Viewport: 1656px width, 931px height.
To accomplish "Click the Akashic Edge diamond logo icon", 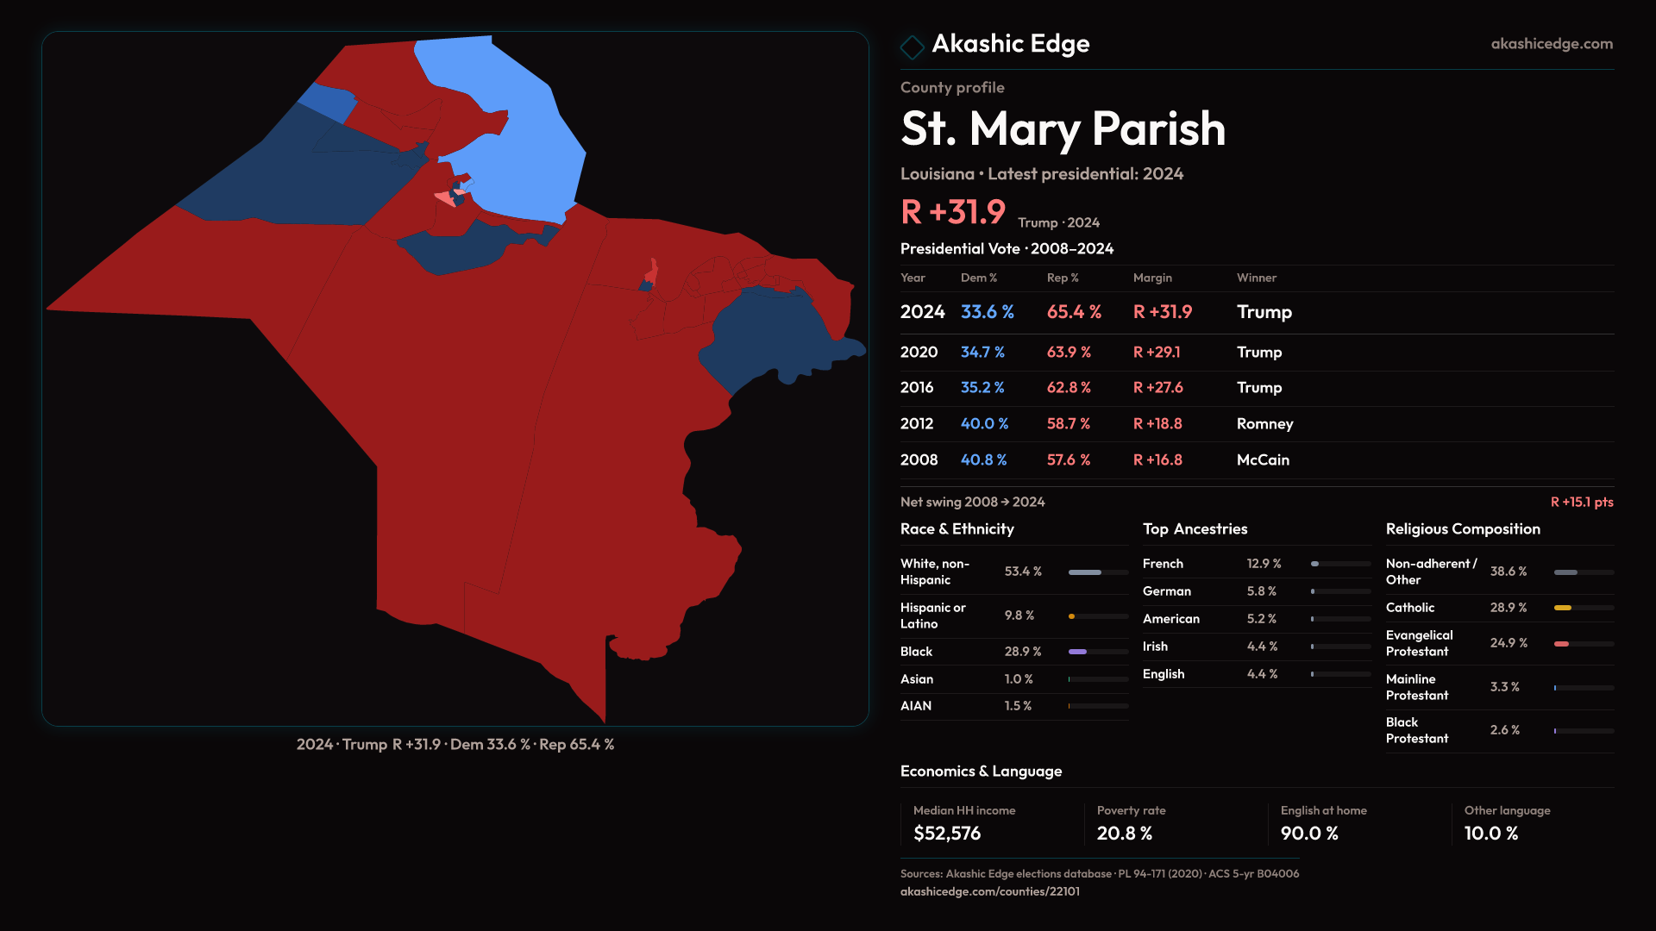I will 912,47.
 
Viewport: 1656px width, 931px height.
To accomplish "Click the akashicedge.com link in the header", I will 1552,44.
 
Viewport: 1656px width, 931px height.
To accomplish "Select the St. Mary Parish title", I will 1063,129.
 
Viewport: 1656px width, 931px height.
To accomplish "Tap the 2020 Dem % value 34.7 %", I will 982,353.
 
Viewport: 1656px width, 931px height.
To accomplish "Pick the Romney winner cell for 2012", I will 1264,424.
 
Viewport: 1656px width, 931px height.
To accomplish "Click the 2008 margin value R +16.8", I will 1157,460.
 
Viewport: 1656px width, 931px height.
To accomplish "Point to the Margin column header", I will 1152,278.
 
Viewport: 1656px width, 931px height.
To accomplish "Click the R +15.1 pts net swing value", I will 1581,503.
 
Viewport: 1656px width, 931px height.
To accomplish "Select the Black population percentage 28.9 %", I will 1023,652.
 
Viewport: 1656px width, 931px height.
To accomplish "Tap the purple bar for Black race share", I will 1078,652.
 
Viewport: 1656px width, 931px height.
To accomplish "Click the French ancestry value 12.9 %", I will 1264,564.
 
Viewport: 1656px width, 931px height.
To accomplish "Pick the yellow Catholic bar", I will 1563,608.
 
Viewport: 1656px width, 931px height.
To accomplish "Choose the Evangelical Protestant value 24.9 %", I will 1509,643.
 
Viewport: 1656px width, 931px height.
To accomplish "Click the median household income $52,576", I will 947,834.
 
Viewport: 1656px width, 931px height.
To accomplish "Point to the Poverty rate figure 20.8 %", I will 1125,834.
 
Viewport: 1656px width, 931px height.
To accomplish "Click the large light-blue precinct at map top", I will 517,129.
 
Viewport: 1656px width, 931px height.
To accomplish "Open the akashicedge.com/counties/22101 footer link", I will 990,891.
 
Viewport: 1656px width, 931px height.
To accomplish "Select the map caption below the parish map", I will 455,744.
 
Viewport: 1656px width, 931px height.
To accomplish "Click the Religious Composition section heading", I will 1463,529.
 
